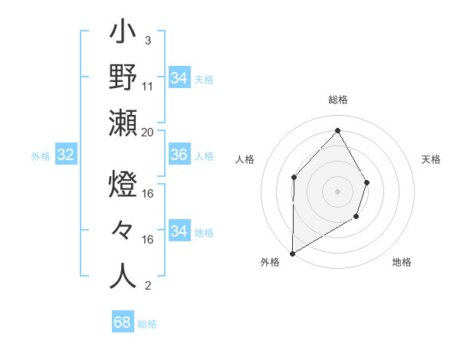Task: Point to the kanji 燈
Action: coord(123,186)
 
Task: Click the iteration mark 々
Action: coord(123,231)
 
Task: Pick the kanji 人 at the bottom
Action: coord(123,275)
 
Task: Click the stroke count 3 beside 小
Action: coord(147,41)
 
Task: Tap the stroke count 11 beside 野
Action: coord(149,87)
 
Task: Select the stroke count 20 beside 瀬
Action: coord(148,132)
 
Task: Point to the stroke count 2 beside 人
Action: coord(147,286)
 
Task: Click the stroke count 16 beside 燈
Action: coord(149,194)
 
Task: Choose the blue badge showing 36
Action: coord(179,155)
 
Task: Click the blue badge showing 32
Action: coord(66,155)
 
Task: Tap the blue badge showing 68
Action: coord(122,322)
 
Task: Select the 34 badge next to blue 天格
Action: coord(179,78)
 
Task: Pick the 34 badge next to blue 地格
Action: coord(179,231)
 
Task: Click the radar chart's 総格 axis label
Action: coord(337,100)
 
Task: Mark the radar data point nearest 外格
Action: coord(292,253)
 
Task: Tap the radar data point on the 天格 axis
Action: coord(366,182)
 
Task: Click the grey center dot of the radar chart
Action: coord(337,191)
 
